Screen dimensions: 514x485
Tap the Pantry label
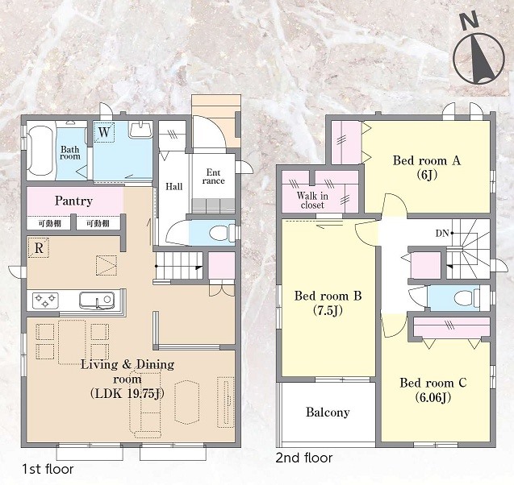(x=73, y=201)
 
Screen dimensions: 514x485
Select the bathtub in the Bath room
(x=40, y=151)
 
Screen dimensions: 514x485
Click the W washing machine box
(x=104, y=132)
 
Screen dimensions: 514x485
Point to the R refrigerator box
(x=39, y=247)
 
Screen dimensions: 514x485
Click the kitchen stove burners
(x=45, y=301)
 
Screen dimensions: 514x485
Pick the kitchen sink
(x=97, y=300)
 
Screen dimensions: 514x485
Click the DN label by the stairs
(x=442, y=234)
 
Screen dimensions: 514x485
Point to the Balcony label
(x=328, y=412)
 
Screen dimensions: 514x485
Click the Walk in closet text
(x=312, y=201)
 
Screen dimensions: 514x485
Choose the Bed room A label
(x=427, y=160)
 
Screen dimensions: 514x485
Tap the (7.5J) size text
(x=328, y=310)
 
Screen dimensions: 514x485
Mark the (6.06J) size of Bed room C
(x=433, y=397)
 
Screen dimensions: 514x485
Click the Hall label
(x=174, y=187)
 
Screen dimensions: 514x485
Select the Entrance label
(x=213, y=176)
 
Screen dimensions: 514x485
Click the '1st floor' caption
(x=48, y=470)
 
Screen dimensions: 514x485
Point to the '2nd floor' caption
(x=304, y=458)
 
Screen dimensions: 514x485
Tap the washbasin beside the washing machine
(x=140, y=130)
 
